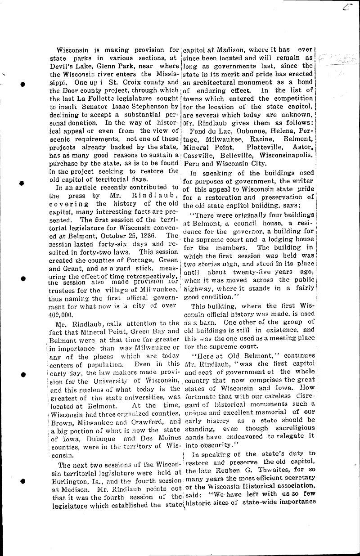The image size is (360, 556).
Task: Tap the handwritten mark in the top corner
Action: (x=345, y=8)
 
